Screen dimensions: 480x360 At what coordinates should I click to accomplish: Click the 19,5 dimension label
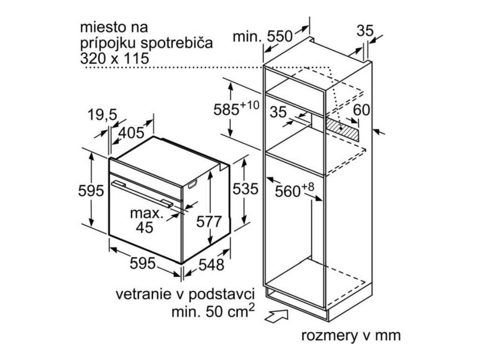[102, 115]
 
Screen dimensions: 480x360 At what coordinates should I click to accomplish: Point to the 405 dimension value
[131, 133]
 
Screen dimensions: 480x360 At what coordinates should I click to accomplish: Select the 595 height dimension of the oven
[91, 191]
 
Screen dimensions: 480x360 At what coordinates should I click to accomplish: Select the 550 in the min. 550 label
[280, 36]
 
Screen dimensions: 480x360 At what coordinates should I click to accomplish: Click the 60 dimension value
[362, 110]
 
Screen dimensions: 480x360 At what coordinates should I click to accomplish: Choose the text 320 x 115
[114, 59]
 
